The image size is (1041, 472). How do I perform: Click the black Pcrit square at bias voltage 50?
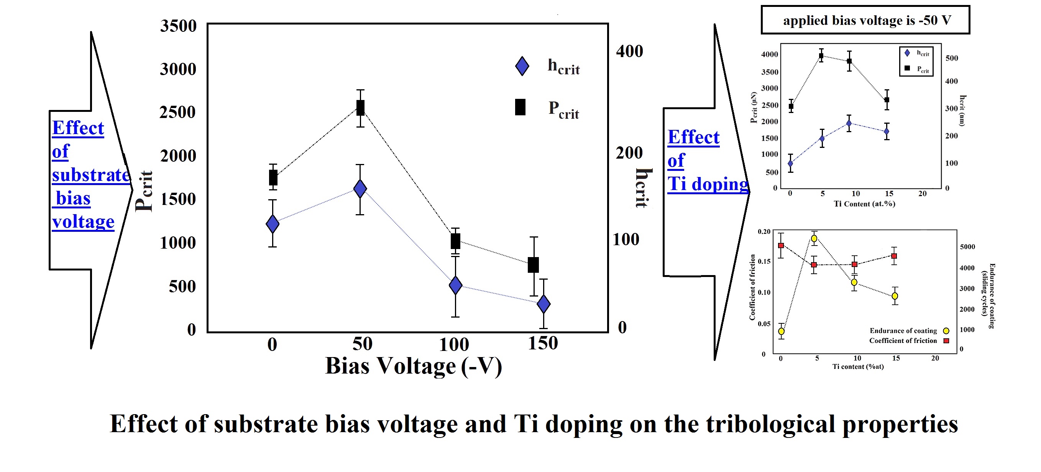coord(360,108)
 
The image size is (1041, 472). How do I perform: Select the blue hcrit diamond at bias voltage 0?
coord(273,223)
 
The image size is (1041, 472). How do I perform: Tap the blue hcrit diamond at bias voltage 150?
coord(543,303)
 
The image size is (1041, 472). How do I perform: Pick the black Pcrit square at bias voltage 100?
coord(455,241)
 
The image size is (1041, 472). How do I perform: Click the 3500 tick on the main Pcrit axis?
coord(178,26)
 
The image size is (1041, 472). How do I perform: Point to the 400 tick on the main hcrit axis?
coord(629,51)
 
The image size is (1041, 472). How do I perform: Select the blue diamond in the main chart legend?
coord(522,66)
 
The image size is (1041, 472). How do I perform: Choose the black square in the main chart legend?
coord(520,108)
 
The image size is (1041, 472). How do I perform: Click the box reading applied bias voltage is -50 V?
coord(865,20)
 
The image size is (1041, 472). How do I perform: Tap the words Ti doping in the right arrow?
coord(708,184)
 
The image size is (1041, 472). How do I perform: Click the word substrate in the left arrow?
coord(91,175)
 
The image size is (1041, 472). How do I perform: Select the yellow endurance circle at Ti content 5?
coord(814,238)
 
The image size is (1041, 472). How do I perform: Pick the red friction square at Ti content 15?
coord(894,256)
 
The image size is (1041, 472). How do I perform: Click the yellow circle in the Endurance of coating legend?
coord(946,331)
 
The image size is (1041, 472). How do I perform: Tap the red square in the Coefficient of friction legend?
coord(946,341)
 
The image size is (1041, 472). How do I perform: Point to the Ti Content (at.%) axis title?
coord(864,204)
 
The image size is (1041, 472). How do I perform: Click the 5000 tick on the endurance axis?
coord(967,246)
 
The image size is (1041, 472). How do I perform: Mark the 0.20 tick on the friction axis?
coord(764,231)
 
